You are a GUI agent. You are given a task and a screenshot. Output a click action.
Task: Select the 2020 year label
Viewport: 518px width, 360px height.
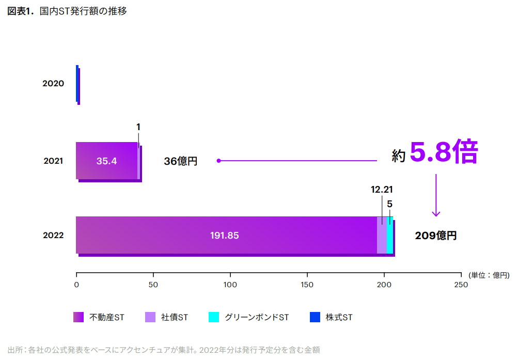point(53,83)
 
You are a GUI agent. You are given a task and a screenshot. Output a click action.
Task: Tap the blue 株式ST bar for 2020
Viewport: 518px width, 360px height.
point(77,83)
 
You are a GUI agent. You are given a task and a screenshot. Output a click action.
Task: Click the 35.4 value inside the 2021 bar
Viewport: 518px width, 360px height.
point(106,161)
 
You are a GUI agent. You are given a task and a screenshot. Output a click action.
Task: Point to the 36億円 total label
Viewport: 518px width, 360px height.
point(181,161)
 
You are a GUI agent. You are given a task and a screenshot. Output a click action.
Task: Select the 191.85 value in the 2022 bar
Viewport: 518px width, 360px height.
point(224,236)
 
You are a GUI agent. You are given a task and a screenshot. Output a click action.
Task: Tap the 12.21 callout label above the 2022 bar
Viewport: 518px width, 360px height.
point(382,190)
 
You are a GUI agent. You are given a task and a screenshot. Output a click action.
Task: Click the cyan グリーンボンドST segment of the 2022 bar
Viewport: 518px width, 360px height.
point(390,235)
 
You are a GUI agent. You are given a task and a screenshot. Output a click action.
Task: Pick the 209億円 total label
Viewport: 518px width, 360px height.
point(436,236)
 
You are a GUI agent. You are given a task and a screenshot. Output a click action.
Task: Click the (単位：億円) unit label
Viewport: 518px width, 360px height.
point(489,275)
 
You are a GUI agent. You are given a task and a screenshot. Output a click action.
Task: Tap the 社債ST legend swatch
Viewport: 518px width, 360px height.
point(150,317)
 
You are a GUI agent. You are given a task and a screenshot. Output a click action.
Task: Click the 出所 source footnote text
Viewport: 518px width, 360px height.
point(164,350)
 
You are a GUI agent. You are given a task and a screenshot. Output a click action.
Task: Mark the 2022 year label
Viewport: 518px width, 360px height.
point(53,236)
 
